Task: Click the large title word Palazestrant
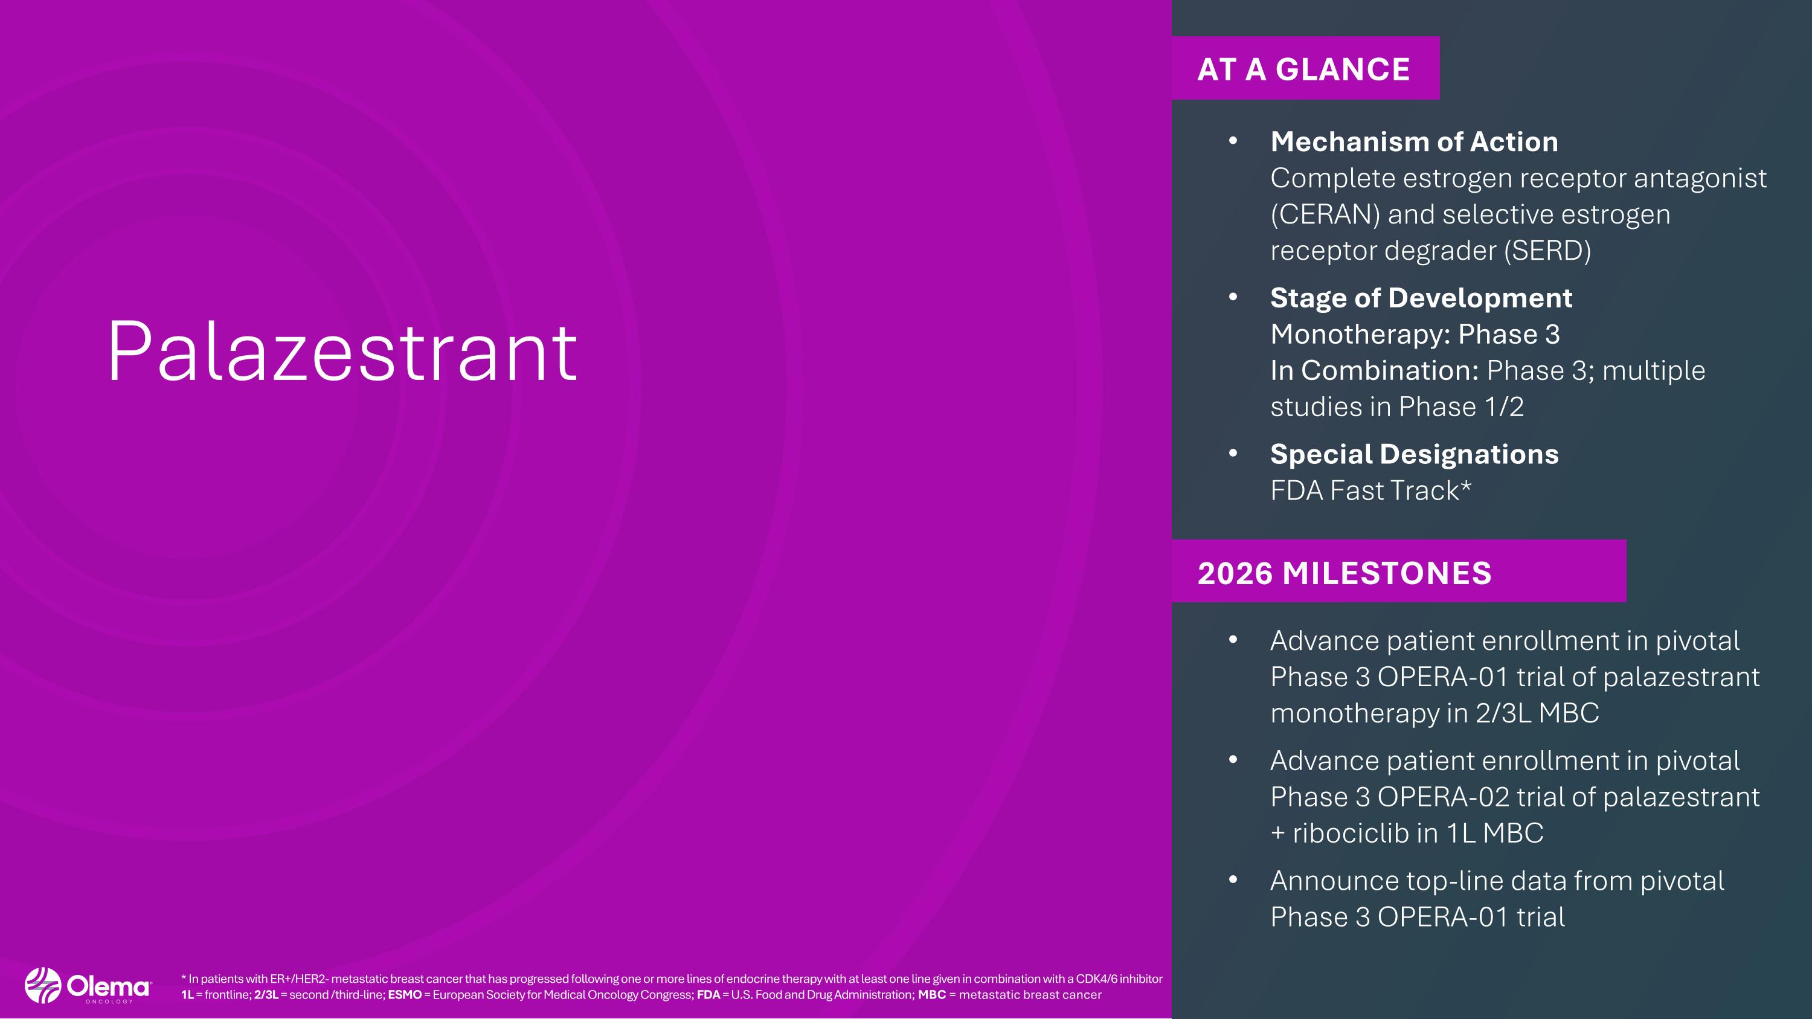pos(342,352)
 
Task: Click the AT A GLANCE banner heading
pos(1303,69)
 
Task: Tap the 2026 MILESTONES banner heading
pos(1345,573)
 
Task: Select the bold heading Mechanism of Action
pos(1414,141)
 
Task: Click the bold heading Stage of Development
pos(1421,297)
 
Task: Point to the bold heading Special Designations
pos(1414,454)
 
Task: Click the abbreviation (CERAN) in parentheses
pos(1325,214)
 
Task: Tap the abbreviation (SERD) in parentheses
pos(1547,250)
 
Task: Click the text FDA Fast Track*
pos(1370,490)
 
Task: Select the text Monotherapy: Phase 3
pos(1415,334)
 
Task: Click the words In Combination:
pos(1373,370)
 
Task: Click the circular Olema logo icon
pos(43,985)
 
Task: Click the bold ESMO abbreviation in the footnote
pos(405,994)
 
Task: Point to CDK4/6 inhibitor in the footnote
pos(1119,978)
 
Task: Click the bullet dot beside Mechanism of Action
pos(1232,141)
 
